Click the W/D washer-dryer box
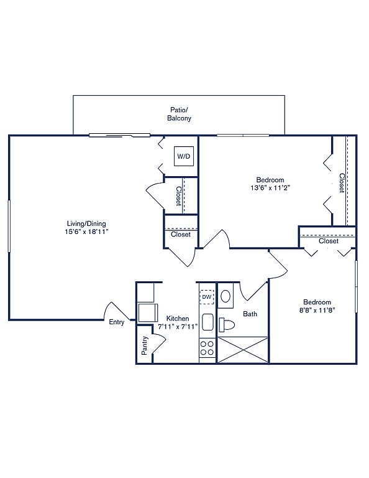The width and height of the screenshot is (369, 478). [184, 156]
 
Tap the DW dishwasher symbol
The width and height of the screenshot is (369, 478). [207, 297]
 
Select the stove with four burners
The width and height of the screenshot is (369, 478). [207, 348]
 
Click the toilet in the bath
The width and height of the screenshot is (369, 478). [227, 324]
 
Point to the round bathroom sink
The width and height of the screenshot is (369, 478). [225, 296]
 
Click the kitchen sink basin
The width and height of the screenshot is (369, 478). [207, 322]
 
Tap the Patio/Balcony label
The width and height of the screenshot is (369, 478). [179, 114]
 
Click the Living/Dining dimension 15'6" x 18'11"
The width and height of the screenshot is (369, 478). [87, 232]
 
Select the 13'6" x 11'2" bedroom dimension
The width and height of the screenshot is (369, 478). [270, 188]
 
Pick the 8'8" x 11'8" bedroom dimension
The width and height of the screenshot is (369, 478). [317, 311]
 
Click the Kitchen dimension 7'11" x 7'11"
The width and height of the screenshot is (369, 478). [178, 327]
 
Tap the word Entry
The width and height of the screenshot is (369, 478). [117, 322]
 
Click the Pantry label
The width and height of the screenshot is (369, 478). [145, 345]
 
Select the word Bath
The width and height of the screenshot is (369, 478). [250, 314]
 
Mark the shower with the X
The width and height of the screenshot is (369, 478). [243, 350]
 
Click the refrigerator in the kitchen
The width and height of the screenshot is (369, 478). [148, 313]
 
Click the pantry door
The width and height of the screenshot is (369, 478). [159, 344]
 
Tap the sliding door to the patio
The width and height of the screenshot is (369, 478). [119, 135]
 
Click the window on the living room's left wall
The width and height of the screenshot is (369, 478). [9, 226]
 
